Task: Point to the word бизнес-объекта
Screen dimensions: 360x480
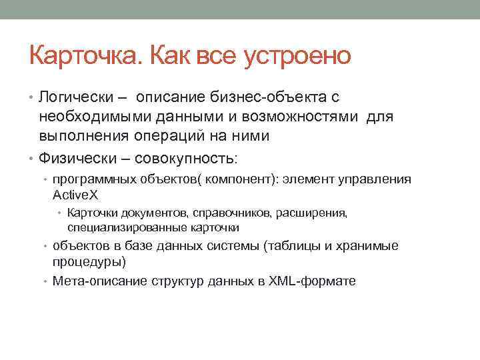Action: point(273,97)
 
